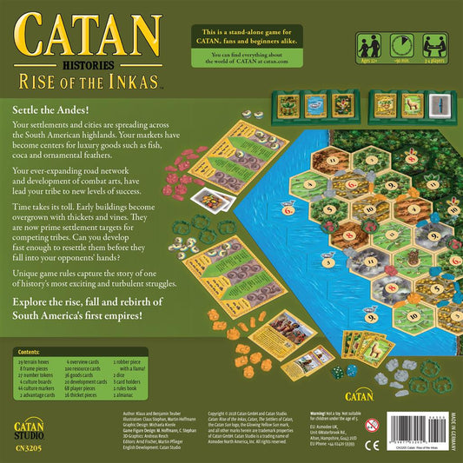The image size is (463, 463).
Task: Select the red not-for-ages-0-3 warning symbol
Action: tap(372, 426)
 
